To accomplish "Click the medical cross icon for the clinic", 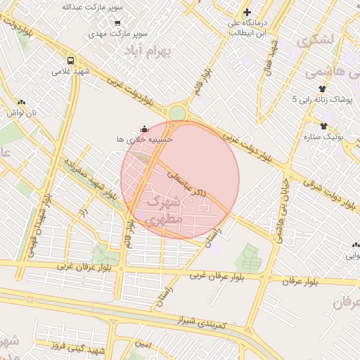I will [x=247, y=12].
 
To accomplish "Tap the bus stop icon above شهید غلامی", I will [x=70, y=60].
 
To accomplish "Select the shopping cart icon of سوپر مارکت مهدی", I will [x=117, y=22].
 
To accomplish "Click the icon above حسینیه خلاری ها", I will [x=144, y=129].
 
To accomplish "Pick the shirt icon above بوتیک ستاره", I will [x=323, y=127].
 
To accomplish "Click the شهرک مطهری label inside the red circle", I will [x=162, y=210].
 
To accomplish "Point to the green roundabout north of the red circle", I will [x=177, y=113].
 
